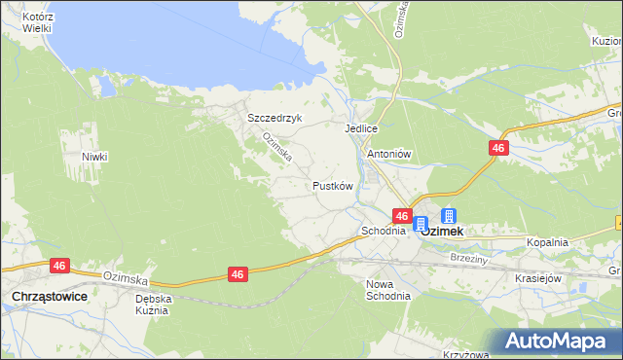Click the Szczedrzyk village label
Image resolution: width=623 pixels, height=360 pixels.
[275, 118]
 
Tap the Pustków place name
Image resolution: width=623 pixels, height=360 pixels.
[331, 185]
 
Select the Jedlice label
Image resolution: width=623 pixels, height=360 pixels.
[360, 128]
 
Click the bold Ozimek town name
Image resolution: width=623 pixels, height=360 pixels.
[441, 233]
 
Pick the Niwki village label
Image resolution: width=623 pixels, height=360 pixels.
[94, 157]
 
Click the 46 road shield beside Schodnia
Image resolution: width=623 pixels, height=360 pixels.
[402, 215]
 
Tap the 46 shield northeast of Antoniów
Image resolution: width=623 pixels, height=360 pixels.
[498, 147]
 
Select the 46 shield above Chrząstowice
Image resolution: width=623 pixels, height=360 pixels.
[60, 265]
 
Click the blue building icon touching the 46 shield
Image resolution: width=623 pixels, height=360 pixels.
[420, 225]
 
